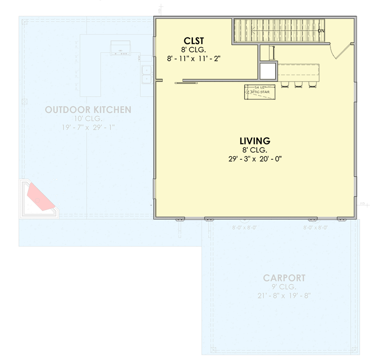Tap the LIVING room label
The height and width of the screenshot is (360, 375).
[254, 141]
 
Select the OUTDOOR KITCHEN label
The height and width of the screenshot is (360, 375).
[88, 109]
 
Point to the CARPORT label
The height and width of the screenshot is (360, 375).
[284, 278]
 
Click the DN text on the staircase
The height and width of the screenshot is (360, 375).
[321, 31]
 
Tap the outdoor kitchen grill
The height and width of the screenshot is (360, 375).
[120, 48]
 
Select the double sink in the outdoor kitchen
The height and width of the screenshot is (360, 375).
[146, 74]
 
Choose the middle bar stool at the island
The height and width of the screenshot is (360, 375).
[297, 84]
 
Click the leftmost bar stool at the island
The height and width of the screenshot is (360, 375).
[285, 84]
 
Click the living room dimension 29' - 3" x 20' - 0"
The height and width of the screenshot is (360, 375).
[254, 158]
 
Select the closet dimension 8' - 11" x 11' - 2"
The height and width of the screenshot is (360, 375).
[193, 58]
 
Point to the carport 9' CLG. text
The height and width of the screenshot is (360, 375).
[284, 287]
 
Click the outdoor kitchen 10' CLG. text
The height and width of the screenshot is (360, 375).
[88, 119]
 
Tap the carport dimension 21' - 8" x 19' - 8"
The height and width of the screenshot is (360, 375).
[284, 296]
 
